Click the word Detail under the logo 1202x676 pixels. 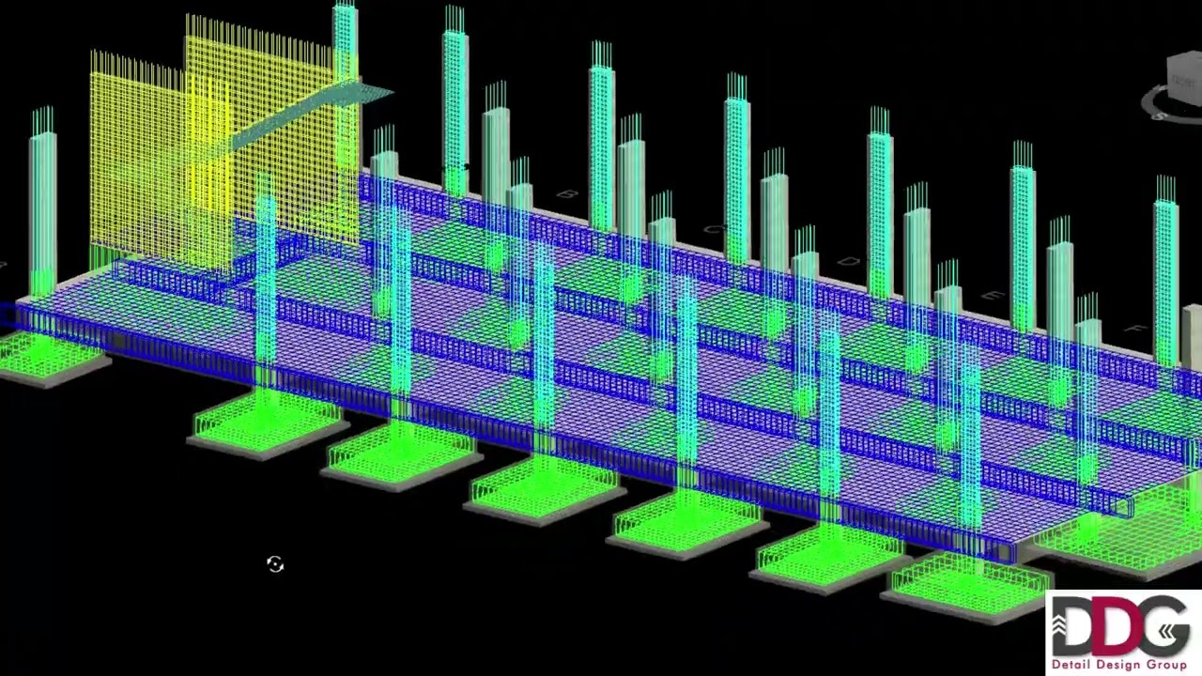point(1071,665)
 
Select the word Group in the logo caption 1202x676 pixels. point(1165,665)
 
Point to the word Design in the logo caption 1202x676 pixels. point(1117,665)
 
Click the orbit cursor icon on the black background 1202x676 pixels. point(275,563)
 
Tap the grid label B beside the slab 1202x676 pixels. point(566,195)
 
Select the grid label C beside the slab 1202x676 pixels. point(714,230)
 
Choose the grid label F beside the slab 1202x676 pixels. point(1139,330)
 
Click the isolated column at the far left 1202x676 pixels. point(43,207)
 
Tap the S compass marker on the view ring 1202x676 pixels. point(1161,115)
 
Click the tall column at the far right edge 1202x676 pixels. point(1166,272)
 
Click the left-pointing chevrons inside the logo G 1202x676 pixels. point(1174,631)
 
